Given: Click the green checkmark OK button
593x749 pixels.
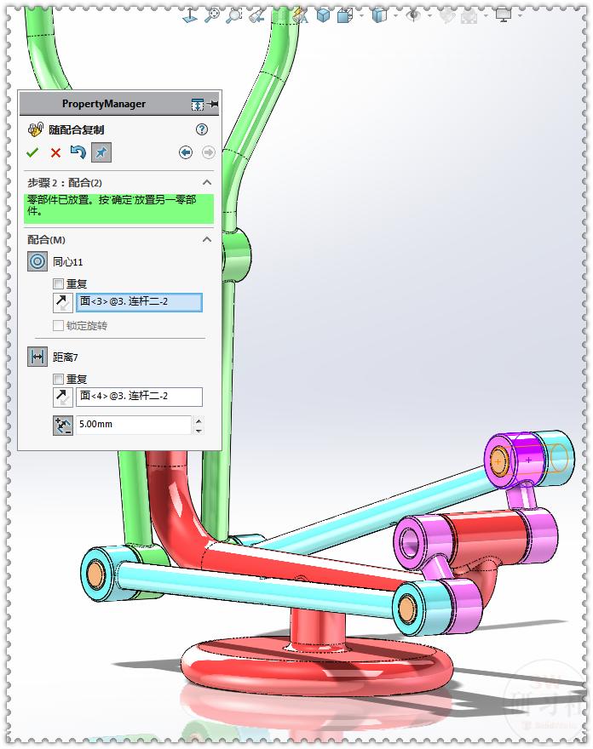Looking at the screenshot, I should pyautogui.click(x=32, y=152).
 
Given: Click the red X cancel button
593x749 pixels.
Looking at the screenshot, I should pyautogui.click(x=55, y=152).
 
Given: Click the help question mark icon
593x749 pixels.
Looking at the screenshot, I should pyautogui.click(x=202, y=129).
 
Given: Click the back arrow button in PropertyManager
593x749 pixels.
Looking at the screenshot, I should pyautogui.click(x=186, y=152).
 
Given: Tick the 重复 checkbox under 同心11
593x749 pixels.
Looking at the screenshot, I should pyautogui.click(x=59, y=284).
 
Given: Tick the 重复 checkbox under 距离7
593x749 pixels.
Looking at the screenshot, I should pyautogui.click(x=59, y=380).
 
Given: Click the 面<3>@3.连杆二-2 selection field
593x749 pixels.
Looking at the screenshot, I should pyautogui.click(x=139, y=302).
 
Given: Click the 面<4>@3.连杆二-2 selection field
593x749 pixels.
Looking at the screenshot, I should pyautogui.click(x=139, y=397).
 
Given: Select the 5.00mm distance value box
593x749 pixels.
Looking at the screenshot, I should pyautogui.click(x=133, y=425).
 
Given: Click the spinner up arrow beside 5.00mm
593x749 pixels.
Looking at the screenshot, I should pyautogui.click(x=199, y=420).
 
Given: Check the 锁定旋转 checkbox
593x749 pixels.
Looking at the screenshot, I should pyautogui.click(x=59, y=326).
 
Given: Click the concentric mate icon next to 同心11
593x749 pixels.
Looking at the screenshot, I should pyautogui.click(x=37, y=262).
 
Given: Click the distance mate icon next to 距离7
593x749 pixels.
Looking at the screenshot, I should pyautogui.click(x=37, y=357).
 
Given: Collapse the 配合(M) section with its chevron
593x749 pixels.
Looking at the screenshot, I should pyautogui.click(x=206, y=240).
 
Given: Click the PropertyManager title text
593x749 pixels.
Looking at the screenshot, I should pyautogui.click(x=104, y=104).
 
